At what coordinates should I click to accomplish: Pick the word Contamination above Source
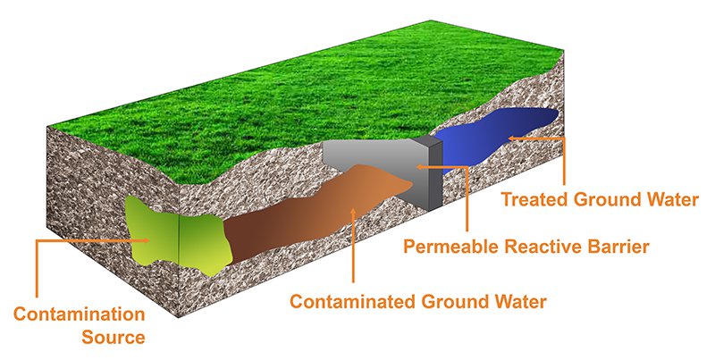pyautogui.click(x=79, y=315)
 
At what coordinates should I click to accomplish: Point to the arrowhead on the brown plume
pyautogui.click(x=356, y=212)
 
